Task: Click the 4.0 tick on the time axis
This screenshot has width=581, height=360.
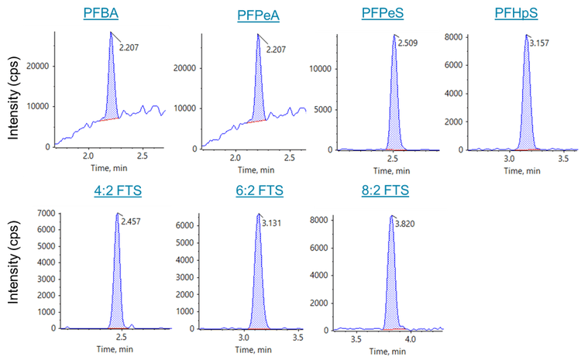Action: [x=411, y=339]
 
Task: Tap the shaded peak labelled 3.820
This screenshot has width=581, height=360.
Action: [x=394, y=286]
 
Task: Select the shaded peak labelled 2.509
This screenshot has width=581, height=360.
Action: [x=394, y=108]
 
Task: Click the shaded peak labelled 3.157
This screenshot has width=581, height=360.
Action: [x=528, y=108]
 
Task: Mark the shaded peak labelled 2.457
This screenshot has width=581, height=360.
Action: [x=118, y=286]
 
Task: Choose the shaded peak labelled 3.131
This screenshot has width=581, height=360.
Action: [x=258, y=286]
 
